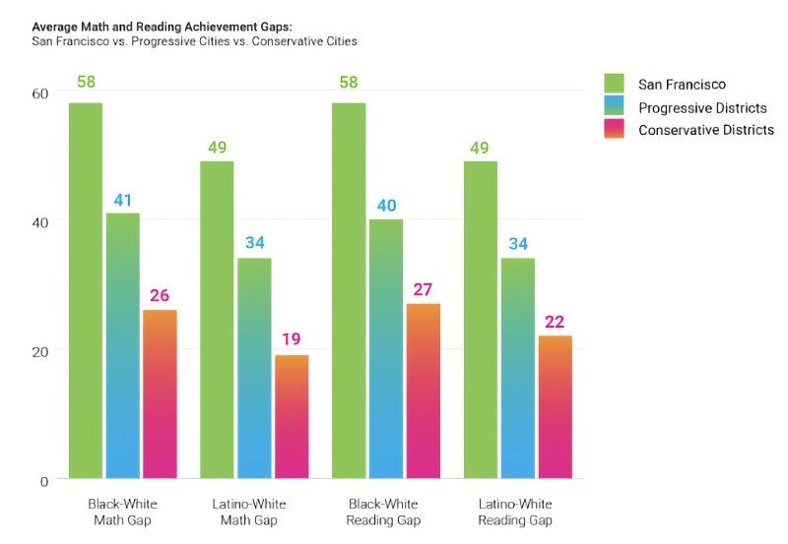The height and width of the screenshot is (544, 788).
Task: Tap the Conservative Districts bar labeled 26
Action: tap(160, 394)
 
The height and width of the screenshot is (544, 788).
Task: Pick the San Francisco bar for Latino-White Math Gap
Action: tap(217, 320)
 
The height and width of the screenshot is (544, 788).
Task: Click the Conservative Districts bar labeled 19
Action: tap(291, 417)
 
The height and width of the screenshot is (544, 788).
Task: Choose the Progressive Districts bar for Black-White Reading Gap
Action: tap(385, 349)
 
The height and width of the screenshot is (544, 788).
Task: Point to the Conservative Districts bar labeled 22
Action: tap(555, 407)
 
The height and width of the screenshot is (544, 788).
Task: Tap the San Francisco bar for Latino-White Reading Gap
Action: tap(480, 320)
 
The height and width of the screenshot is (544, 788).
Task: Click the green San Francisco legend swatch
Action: tap(614, 84)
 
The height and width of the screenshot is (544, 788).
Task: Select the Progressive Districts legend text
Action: tap(701, 107)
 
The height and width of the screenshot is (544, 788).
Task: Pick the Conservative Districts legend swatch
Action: tap(614, 129)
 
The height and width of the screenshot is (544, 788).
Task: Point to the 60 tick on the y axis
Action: tap(40, 93)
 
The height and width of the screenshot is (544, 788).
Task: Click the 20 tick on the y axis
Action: tap(40, 351)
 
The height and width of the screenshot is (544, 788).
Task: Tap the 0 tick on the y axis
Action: tap(43, 481)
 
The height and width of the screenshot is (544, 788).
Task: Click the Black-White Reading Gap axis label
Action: tap(383, 512)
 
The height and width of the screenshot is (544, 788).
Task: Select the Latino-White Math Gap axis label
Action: tap(249, 512)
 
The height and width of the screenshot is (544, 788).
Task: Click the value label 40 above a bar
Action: tap(385, 206)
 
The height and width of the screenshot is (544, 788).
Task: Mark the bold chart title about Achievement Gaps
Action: tap(163, 27)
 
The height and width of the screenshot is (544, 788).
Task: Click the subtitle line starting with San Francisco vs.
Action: tap(194, 41)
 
